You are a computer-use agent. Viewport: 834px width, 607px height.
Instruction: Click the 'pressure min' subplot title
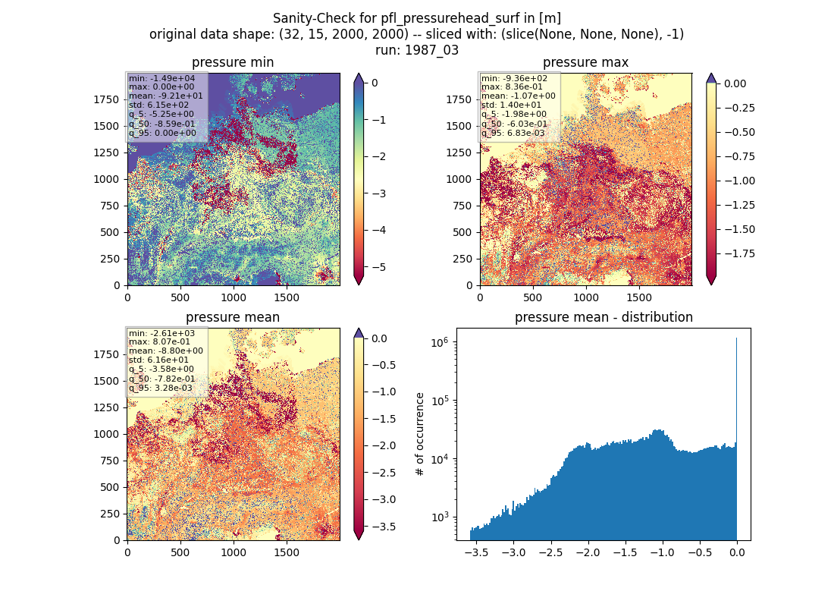coord(233,62)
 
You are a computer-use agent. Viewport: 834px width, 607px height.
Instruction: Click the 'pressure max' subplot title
coord(585,62)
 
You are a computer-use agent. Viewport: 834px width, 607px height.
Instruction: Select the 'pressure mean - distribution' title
coord(604,317)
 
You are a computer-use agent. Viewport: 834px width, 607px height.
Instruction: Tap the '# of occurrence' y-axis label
coord(420,435)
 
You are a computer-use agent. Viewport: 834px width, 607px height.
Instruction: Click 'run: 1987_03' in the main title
coord(417,50)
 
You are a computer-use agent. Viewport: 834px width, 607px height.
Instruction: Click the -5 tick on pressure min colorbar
coord(378,267)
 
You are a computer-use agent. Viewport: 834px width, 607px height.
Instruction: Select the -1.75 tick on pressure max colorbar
coord(739,253)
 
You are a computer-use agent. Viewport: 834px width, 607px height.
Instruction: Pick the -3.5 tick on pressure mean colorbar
coord(383,527)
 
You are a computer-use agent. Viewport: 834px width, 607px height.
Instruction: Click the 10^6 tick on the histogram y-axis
coord(441,342)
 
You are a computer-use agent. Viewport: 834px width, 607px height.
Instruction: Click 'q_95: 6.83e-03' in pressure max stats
coord(513,133)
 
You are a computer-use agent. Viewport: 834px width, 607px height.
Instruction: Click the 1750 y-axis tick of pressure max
coord(459,99)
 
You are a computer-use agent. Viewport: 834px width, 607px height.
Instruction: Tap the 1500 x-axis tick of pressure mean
coord(286,552)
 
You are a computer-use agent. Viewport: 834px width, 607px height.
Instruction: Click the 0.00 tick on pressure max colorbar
coord(735,83)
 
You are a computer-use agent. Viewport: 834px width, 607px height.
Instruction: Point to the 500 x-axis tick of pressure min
coord(180,297)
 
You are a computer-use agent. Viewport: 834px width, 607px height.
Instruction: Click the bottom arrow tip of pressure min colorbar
coord(359,285)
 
